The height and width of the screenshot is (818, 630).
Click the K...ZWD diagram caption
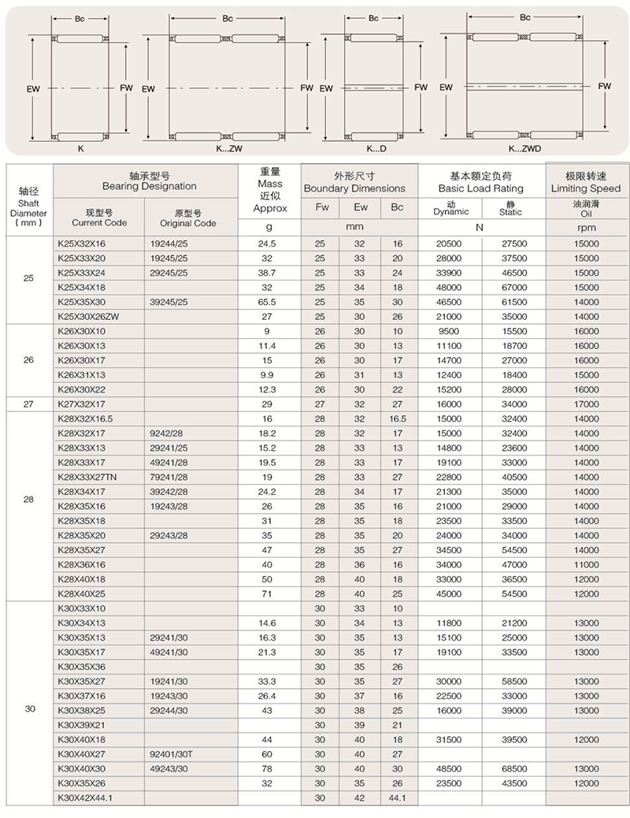[x=524, y=148]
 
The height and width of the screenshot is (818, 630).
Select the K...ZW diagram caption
[x=229, y=148]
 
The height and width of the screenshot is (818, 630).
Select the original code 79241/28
[x=169, y=478]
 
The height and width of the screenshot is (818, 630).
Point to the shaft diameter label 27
[x=30, y=404]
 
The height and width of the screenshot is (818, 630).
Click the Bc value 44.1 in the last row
[x=397, y=799]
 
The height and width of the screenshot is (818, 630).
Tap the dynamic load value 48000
[x=449, y=287]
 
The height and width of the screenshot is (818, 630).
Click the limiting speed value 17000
[x=587, y=404]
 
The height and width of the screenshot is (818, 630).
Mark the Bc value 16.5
[x=397, y=418]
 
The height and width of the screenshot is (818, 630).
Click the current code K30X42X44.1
[x=87, y=799]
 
